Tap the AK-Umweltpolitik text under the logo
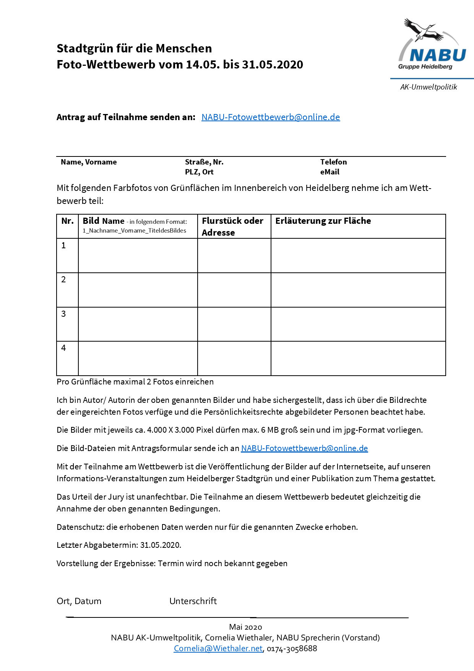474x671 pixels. click(429, 87)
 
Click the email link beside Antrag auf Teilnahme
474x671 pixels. click(271, 117)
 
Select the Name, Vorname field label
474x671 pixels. click(89, 162)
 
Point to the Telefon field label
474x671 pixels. click(333, 162)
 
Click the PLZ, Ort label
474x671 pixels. click(199, 172)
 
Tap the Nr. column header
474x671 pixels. click(67, 221)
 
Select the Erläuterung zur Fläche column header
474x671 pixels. click(323, 221)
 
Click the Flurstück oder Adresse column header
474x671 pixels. click(232, 226)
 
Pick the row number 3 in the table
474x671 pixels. click(63, 314)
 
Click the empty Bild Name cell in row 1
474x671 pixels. click(138, 256)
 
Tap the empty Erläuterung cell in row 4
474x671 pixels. click(358, 358)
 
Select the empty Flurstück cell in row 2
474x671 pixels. click(234, 290)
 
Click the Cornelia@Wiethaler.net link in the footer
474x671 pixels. click(218, 648)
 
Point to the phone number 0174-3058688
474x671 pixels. click(292, 648)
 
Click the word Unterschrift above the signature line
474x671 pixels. click(193, 601)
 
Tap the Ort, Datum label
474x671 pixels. click(79, 601)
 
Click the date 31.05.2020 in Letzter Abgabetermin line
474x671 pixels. click(160, 545)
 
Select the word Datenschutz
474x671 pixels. click(80, 527)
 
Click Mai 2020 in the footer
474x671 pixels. click(245, 627)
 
